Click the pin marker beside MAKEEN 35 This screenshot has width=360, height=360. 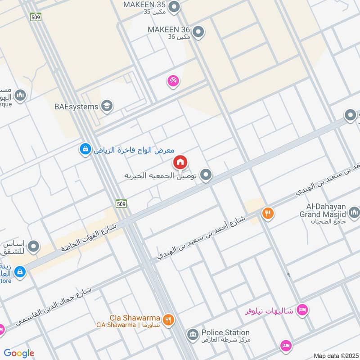tap(174, 6)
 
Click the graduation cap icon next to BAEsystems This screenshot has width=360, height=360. tap(107, 106)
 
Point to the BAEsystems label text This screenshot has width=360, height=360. tap(76, 107)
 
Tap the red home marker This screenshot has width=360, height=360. tap(180, 162)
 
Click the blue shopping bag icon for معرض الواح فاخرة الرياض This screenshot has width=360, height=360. tap(85, 149)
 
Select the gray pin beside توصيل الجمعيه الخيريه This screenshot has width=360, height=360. tap(206, 175)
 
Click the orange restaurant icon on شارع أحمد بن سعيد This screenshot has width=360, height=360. tap(268, 213)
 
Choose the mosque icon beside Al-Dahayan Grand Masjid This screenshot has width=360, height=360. tap(354, 211)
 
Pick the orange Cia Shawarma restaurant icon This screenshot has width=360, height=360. tap(168, 320)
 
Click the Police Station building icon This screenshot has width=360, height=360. tap(192, 334)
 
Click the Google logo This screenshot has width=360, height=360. tap(19, 353)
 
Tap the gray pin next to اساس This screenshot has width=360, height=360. tap(33, 246)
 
